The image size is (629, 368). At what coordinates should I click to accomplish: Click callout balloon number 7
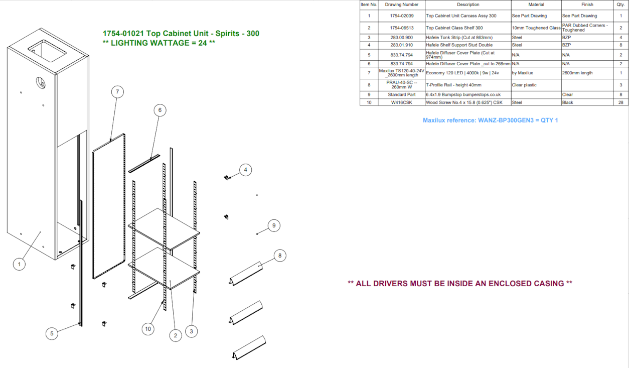(117, 92)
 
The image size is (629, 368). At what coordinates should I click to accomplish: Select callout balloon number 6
(160, 110)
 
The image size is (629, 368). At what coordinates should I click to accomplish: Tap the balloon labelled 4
(245, 170)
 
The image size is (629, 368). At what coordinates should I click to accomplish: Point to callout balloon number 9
(274, 226)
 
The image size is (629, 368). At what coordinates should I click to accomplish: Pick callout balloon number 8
(280, 256)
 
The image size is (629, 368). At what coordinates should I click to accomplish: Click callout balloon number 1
(19, 264)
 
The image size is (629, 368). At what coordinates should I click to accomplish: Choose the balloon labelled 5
(52, 334)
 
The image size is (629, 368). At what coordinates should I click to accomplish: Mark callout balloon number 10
(148, 329)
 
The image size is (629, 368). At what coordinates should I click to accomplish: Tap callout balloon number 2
(176, 335)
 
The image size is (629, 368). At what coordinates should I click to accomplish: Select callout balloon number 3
(192, 331)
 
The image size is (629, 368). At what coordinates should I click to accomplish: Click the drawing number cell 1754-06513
(402, 28)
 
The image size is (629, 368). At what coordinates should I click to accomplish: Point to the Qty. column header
(620, 5)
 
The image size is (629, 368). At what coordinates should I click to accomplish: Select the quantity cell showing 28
(620, 102)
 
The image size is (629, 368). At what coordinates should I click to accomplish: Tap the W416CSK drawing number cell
(402, 102)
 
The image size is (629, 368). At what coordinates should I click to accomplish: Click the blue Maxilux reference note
(490, 120)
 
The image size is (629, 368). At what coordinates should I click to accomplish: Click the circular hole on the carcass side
(41, 83)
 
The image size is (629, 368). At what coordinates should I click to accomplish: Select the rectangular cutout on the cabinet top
(47, 51)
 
